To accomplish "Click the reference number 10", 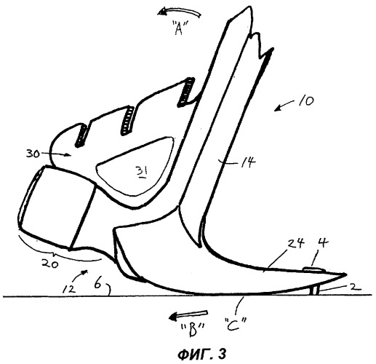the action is point(306,100).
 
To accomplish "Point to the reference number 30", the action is point(33,154).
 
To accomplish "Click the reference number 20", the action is point(50,264).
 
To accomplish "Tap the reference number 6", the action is point(97,284).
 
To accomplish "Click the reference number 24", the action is point(295,243).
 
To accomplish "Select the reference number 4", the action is point(324,242).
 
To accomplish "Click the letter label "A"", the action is point(180,27).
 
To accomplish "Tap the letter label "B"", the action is point(193,330).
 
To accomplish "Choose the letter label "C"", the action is point(235,324).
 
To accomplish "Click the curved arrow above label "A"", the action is point(180,10).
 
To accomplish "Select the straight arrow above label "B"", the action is point(188,314).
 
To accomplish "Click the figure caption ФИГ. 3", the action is point(201,354).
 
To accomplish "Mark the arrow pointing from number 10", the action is point(284,106).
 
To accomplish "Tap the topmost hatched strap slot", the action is point(187,92).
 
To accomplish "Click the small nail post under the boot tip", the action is point(314,290).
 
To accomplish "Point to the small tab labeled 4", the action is point(314,269).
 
